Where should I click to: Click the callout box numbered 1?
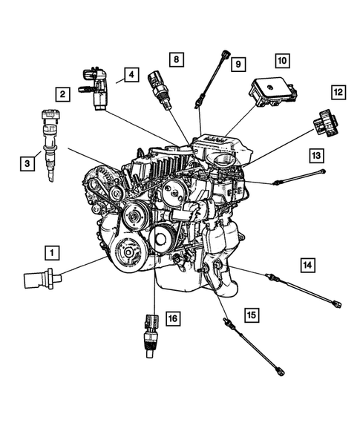click(x=51, y=252)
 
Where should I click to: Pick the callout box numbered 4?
click(x=131, y=75)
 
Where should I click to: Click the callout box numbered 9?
click(x=238, y=64)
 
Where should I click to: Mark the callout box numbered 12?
click(x=337, y=92)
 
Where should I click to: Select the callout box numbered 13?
click(x=317, y=155)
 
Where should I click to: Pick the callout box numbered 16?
click(x=172, y=319)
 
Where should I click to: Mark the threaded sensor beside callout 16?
click(x=149, y=331)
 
